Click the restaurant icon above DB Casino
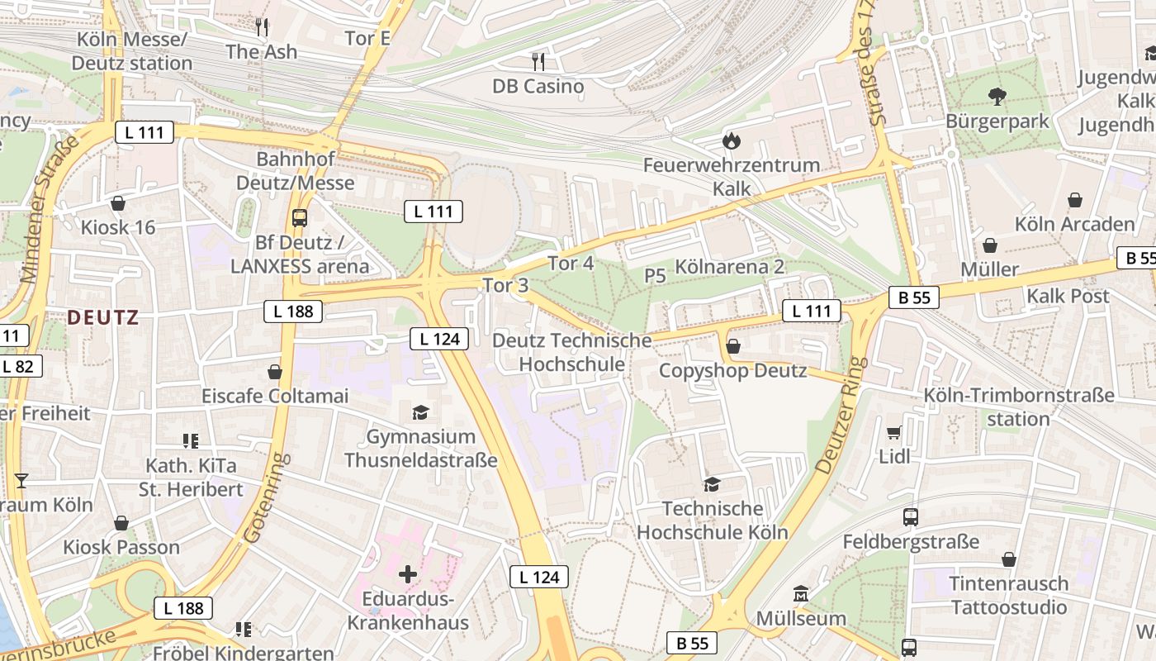point(538,61)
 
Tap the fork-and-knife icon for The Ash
point(262,27)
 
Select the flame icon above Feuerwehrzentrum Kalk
point(731,141)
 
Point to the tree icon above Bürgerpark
point(997,97)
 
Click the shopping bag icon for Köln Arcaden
point(1074,200)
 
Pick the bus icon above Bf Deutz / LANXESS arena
point(299,218)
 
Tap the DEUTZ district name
point(103,317)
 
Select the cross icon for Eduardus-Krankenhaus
point(407,573)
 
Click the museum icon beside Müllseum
point(800,594)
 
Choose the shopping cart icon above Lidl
point(893,432)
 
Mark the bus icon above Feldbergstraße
point(910,517)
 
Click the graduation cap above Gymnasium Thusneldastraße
point(420,412)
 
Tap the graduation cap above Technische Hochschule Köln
point(711,484)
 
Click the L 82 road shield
point(18,366)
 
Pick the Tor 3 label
point(505,286)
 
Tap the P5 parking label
point(655,276)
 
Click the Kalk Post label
point(1068,296)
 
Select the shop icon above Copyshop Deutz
point(732,346)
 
